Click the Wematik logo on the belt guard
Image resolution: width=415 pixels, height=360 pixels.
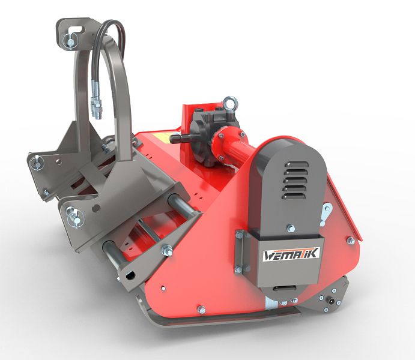pos(291,254)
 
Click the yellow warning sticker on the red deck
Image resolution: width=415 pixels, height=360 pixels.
pos(162,137)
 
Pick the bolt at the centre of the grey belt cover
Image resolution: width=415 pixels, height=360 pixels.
pos(291,228)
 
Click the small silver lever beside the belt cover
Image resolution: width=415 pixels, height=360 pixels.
pos(326,214)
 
